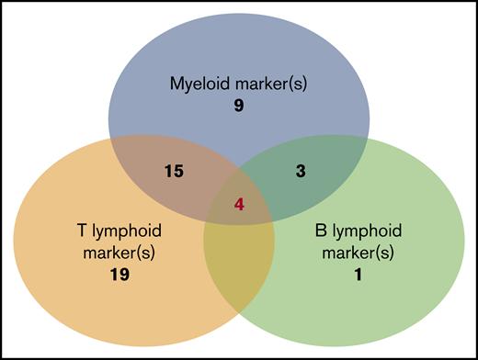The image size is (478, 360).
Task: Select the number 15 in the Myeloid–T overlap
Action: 171,172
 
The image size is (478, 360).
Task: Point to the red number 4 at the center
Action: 239,205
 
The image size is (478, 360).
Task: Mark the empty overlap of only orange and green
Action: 239,266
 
